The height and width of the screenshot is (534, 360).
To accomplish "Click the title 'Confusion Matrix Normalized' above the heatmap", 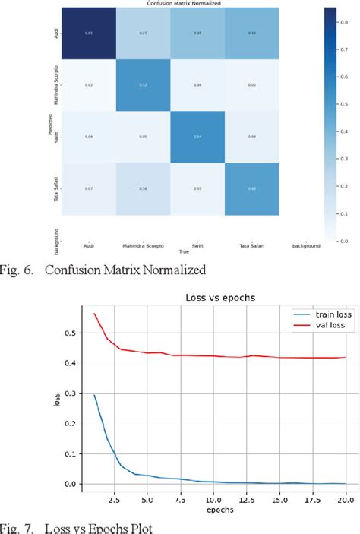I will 180,4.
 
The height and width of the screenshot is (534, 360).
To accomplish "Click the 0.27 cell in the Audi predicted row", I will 143,32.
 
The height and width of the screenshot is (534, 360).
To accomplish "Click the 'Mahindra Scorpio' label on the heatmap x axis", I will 143,245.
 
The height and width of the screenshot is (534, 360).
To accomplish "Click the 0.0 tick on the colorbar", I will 345,240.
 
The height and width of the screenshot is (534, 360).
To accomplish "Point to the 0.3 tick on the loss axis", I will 72,393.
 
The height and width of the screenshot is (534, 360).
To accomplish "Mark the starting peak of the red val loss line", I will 94,313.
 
